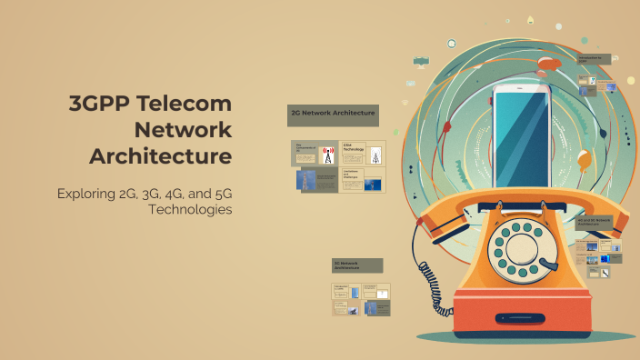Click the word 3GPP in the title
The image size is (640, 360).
(x=100, y=103)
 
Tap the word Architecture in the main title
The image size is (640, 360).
(x=160, y=155)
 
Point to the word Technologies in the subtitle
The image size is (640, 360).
(x=189, y=209)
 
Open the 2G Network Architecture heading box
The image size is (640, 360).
(x=332, y=114)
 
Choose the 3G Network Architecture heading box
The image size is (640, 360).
(x=357, y=265)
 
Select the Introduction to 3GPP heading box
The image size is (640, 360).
(x=599, y=59)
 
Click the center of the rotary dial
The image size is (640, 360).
(x=516, y=249)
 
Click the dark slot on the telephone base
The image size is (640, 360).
(x=523, y=319)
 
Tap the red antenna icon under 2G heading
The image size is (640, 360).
(x=328, y=154)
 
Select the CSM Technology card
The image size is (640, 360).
(x=363, y=153)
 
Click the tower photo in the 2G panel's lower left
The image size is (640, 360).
(x=307, y=180)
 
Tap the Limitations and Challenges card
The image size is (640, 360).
(x=363, y=180)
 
